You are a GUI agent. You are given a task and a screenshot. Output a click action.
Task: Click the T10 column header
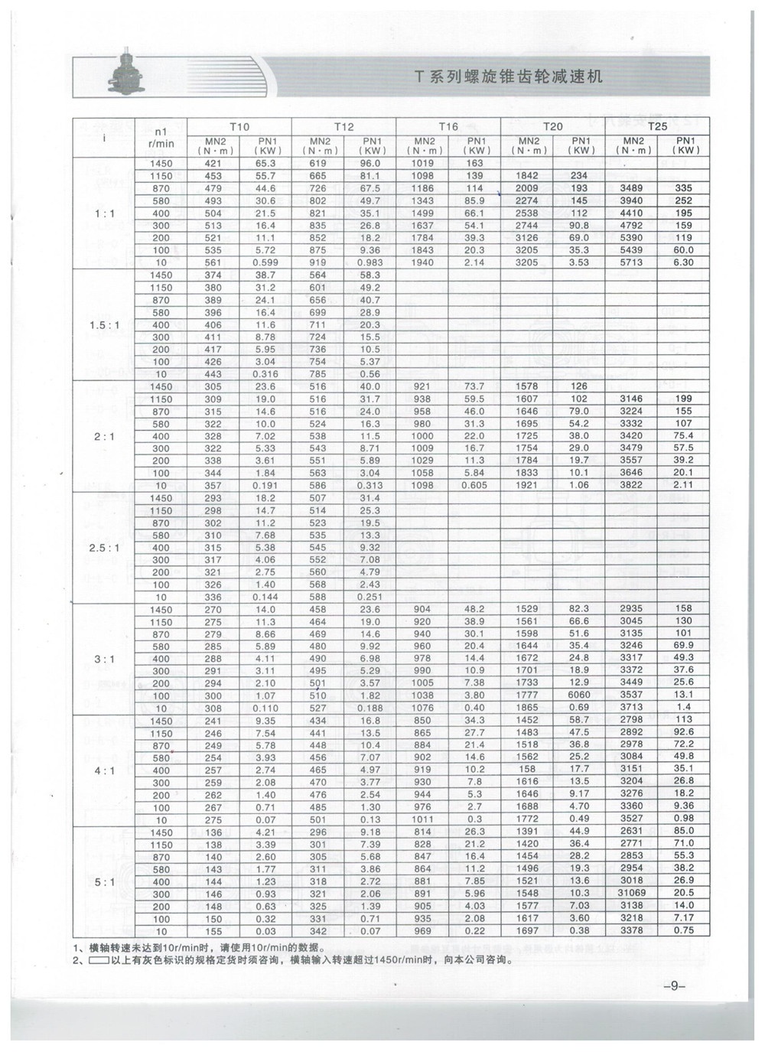[239, 126]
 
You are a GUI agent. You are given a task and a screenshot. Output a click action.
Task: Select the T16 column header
[448, 126]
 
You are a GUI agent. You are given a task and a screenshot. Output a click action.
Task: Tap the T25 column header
[657, 126]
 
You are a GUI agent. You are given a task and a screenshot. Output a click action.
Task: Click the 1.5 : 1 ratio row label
[104, 324]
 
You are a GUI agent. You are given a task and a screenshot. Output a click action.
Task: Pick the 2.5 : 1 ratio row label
[104, 548]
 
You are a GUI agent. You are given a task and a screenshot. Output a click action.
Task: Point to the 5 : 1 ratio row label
[104, 881]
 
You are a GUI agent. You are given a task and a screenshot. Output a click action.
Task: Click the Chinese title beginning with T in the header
[508, 77]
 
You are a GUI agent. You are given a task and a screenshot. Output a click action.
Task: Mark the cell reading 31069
[632, 894]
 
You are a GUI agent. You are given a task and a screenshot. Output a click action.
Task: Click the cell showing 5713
[632, 262]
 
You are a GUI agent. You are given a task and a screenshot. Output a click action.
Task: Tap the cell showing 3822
[632, 485]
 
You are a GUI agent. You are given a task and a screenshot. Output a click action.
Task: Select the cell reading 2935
[632, 609]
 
